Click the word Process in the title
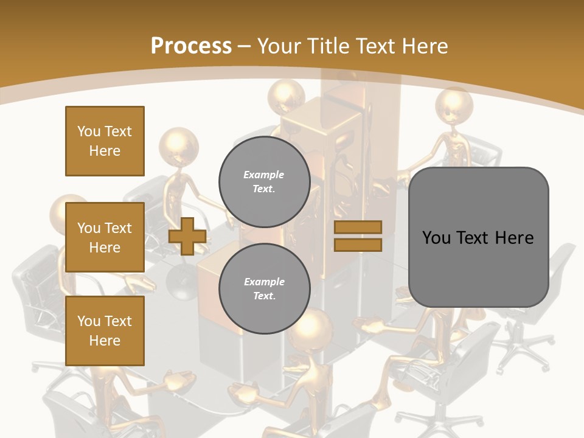pos(191,46)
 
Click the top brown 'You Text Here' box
pos(105,141)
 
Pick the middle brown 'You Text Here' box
pos(105,237)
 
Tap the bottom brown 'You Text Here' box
pos(105,331)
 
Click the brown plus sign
pos(187,236)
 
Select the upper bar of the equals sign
pos(358,227)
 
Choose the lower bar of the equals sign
pos(358,245)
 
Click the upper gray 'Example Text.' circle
pos(264,181)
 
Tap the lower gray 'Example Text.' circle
pos(264,288)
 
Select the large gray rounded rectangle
pos(478,237)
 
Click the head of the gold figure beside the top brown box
pos(179,146)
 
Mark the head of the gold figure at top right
pos(454,105)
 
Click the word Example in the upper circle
pos(264,175)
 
